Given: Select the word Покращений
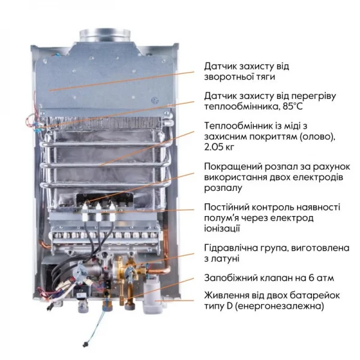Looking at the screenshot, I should (x=232, y=166).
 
